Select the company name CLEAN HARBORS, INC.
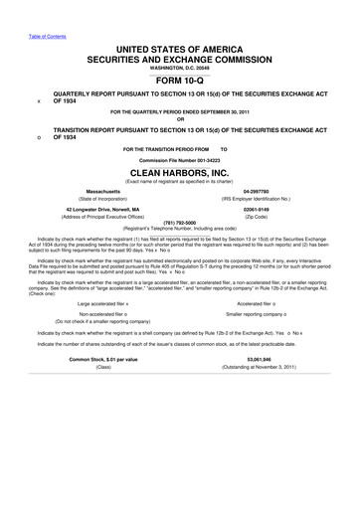tap(180, 169)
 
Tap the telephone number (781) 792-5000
tap(180, 224)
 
